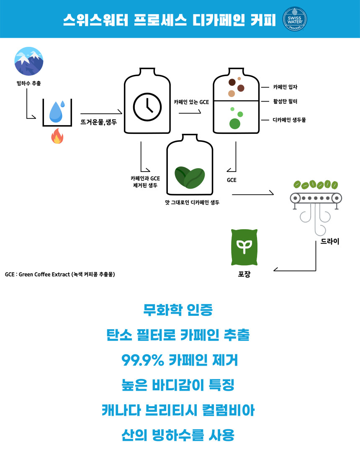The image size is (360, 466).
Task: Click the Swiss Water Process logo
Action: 295,19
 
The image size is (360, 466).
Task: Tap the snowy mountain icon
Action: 29,61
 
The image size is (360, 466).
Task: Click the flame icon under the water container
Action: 57,136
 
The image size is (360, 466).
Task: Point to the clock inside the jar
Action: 147,105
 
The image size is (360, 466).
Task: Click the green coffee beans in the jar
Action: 189,177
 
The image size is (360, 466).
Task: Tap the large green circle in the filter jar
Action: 235,124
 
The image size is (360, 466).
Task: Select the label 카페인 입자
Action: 285,87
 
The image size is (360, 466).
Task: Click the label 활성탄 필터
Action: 285,101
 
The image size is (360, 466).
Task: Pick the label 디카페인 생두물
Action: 289,120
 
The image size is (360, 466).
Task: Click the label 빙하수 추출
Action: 29,84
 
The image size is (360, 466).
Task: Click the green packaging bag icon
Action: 244,247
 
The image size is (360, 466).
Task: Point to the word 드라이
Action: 329,241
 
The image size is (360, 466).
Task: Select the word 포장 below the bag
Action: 244,275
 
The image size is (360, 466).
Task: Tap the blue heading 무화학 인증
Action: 178,310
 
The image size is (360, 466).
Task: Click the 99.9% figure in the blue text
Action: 142,360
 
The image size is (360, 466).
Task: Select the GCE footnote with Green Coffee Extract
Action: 60,274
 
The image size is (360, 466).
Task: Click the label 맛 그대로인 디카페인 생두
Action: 192,202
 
